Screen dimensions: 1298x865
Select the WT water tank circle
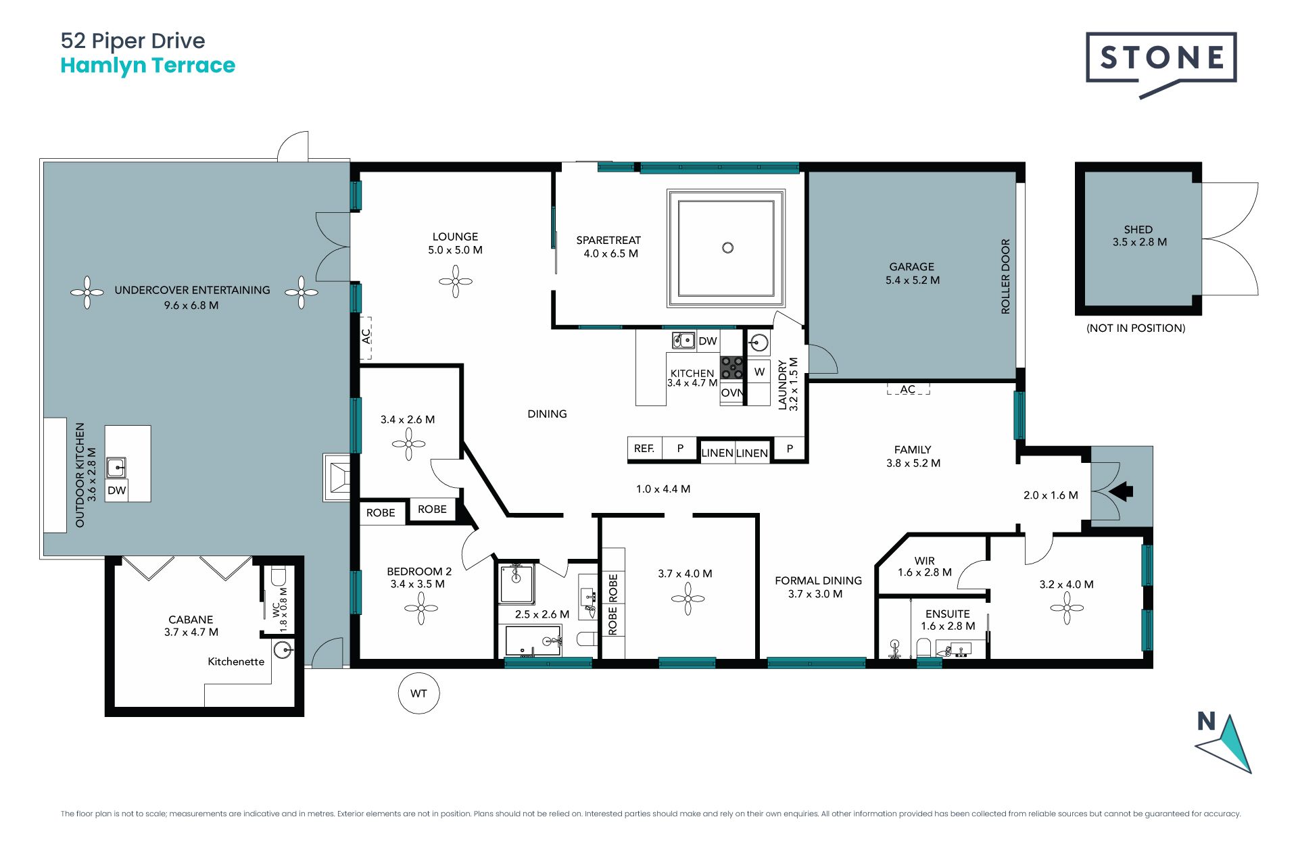click(x=419, y=693)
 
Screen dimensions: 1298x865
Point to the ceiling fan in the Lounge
click(x=456, y=281)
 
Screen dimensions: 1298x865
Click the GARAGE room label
click(x=912, y=267)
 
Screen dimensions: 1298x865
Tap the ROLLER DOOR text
click(x=1005, y=276)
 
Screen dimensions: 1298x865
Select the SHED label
click(x=1138, y=230)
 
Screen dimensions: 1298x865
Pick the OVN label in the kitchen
click(x=731, y=393)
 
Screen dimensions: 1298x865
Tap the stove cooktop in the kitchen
click(x=731, y=368)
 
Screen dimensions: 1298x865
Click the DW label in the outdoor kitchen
click(x=117, y=491)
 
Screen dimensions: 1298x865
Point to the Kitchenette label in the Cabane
click(x=236, y=662)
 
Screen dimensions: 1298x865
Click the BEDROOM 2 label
click(x=419, y=572)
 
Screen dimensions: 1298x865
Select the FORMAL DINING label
click(x=819, y=580)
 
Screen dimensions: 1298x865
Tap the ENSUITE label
click(x=948, y=614)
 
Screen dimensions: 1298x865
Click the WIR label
click(x=925, y=561)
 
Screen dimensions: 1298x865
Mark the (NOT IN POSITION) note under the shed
click(x=1136, y=328)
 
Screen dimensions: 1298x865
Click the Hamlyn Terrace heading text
click(x=148, y=66)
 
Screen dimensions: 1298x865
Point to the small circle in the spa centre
click(x=727, y=248)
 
